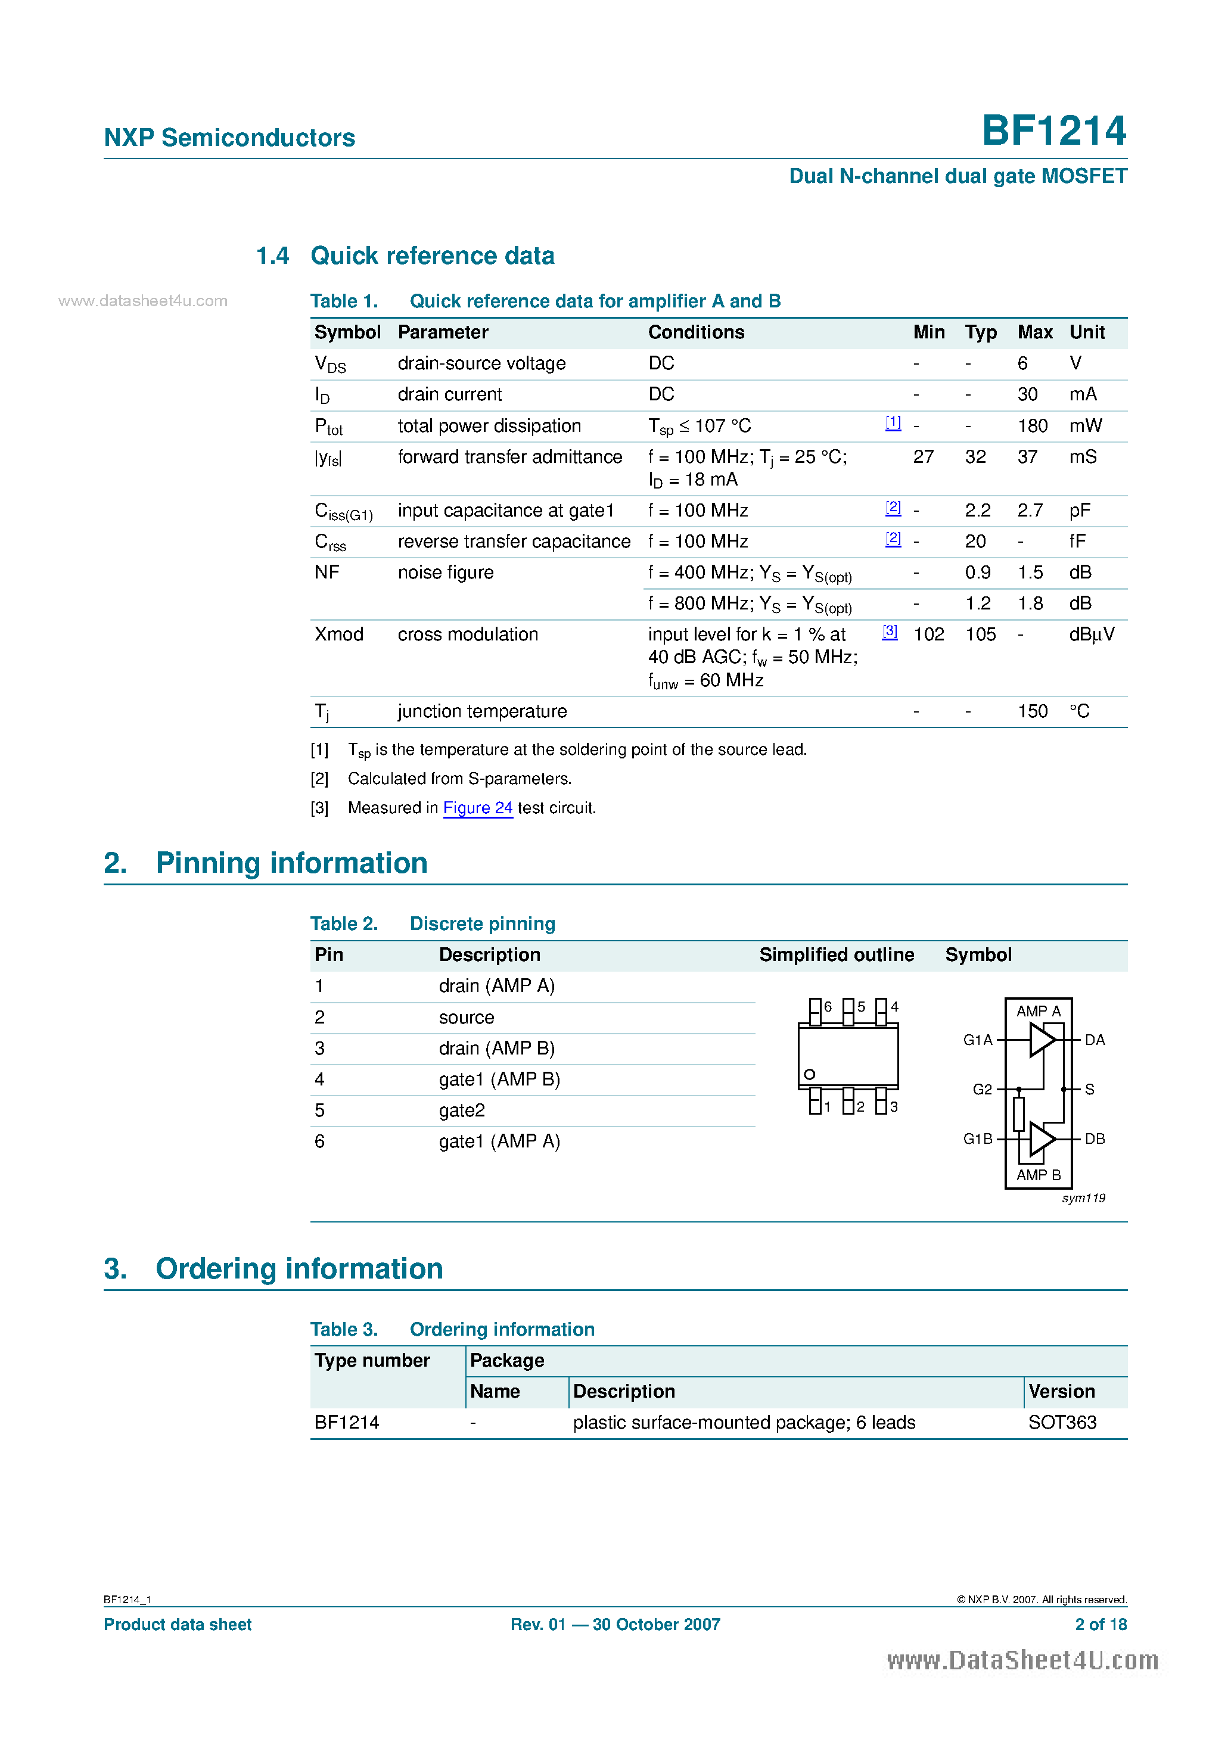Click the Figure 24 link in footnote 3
[x=477, y=808]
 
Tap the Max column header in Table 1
[x=1034, y=332]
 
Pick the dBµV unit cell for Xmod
[x=1092, y=634]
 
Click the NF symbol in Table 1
[x=327, y=572]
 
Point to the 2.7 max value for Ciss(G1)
[x=1030, y=511]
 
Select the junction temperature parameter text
[x=482, y=711]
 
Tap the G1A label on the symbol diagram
[x=978, y=1040]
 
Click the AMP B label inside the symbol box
[x=1038, y=1174]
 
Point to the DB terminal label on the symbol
[x=1095, y=1139]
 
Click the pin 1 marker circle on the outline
[x=810, y=1074]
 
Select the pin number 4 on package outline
[x=895, y=1007]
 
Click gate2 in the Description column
[x=461, y=1110]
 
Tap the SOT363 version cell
[x=1062, y=1423]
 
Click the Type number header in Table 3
[x=372, y=1360]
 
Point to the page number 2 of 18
[x=1101, y=1625]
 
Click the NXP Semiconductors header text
[x=229, y=138]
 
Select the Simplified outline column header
[x=837, y=954]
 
